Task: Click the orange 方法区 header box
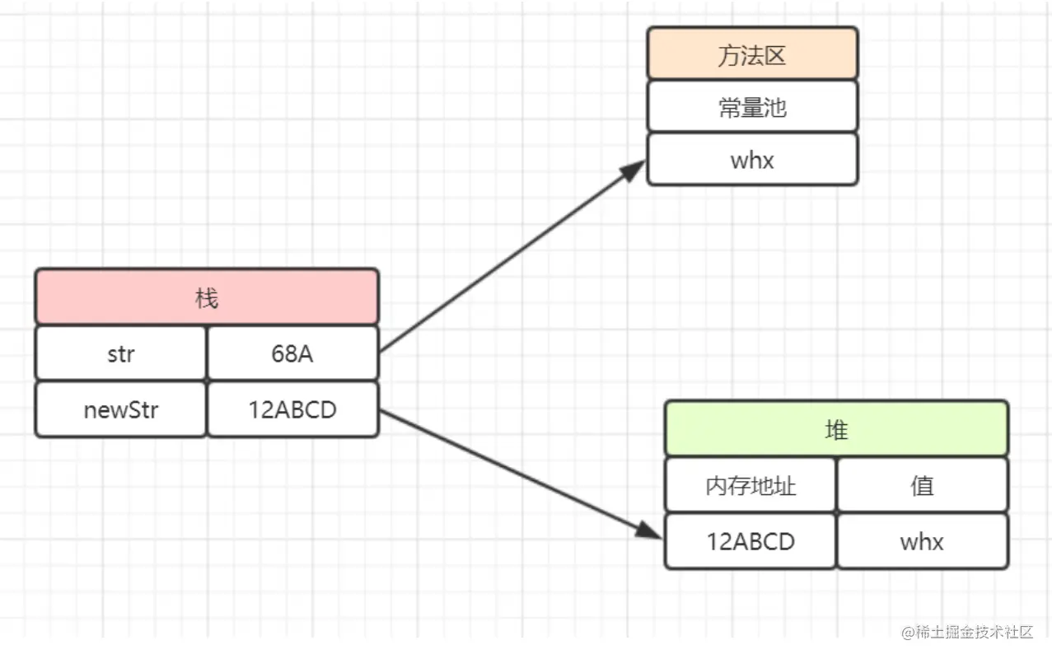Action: tap(752, 53)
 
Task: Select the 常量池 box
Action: tap(752, 106)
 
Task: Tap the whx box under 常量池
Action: tap(752, 160)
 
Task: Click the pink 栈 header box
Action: tap(207, 297)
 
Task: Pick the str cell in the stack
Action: tap(121, 353)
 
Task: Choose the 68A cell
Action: tap(292, 353)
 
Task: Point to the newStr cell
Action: tap(121, 409)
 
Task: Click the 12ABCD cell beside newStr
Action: tap(292, 409)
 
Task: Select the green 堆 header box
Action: tap(836, 428)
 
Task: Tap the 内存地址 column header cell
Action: tap(750, 484)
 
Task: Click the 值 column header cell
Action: tap(923, 484)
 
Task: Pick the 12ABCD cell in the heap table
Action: tap(750, 541)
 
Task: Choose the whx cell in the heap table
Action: tap(923, 541)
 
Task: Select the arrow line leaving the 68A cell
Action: tap(512, 256)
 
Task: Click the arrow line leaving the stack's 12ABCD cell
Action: tap(521, 474)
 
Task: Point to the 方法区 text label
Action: tap(752, 55)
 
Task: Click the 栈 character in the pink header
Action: tap(207, 298)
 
